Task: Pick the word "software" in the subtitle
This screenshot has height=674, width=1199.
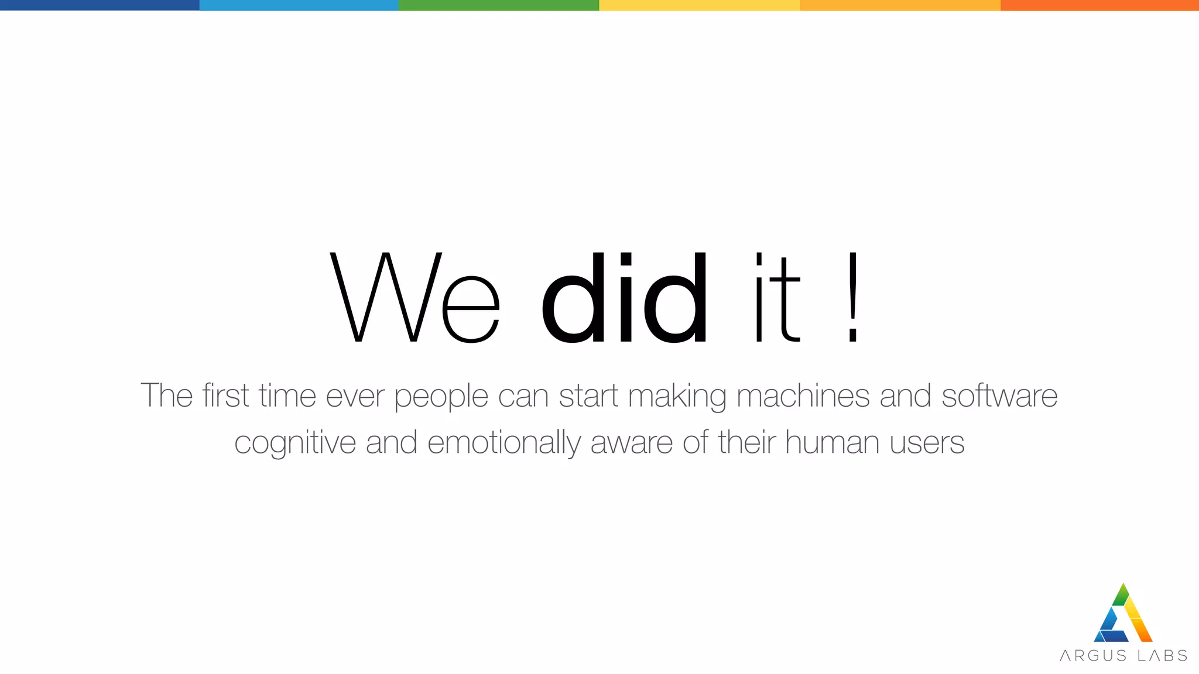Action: (999, 396)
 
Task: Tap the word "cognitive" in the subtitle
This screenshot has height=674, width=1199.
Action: (295, 443)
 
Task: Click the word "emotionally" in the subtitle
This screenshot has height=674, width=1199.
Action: (504, 443)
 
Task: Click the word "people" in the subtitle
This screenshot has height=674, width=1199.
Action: (441, 397)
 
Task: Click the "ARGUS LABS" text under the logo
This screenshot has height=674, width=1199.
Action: (1123, 655)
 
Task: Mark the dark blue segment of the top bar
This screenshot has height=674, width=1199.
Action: (100, 5)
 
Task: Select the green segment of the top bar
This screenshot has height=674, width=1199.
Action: (499, 5)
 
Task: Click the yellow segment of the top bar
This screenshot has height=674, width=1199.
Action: (699, 5)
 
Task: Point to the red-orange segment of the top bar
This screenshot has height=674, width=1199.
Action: (1099, 5)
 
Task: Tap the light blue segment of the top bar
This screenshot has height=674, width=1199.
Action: (299, 5)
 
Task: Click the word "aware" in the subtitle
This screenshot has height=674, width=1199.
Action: (632, 443)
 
